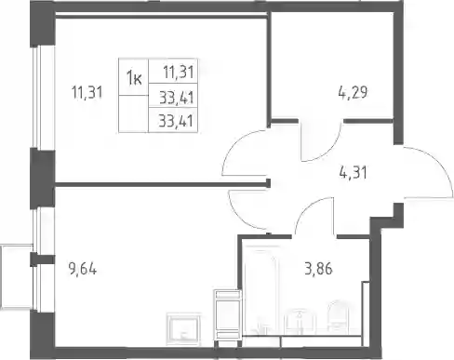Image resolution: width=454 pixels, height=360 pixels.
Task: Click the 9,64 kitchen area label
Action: [83, 269]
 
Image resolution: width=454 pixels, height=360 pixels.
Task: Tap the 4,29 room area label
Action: [353, 92]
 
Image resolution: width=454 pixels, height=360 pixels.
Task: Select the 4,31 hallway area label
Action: [354, 173]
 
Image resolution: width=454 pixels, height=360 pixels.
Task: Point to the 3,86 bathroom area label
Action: [318, 269]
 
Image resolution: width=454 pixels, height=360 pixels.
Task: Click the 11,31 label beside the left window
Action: [87, 92]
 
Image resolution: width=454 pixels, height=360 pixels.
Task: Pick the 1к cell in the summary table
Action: [134, 76]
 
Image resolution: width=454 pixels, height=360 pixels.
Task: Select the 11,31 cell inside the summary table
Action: [173, 71]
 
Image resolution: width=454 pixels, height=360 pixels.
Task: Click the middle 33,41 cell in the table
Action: [173, 96]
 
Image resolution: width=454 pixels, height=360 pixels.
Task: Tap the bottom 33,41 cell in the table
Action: [173, 120]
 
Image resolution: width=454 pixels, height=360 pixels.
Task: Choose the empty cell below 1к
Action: [134, 113]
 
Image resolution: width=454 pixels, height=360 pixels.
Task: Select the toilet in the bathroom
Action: [339, 317]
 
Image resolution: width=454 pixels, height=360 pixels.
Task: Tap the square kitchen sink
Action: [183, 329]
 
